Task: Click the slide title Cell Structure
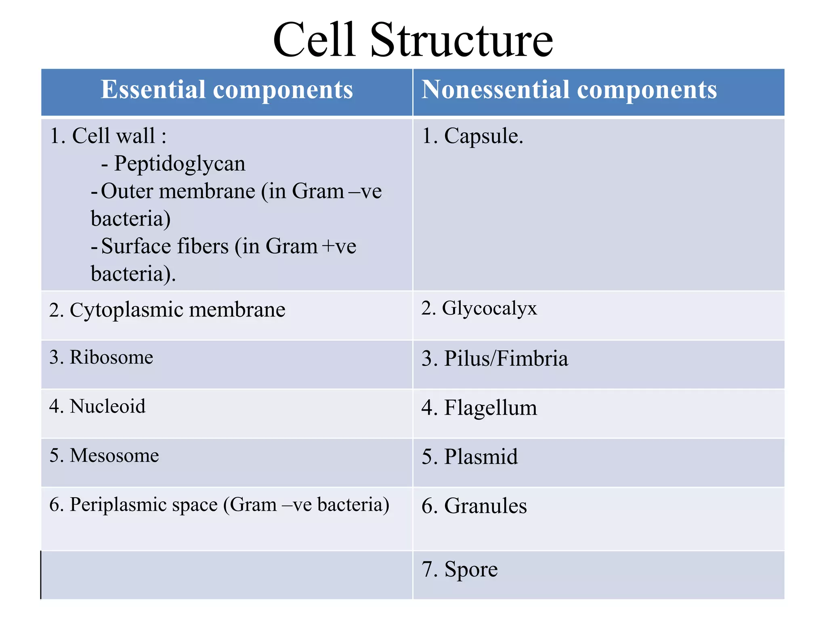[413, 40]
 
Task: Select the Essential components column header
[227, 90]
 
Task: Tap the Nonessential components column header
[569, 90]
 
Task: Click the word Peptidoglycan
[180, 164]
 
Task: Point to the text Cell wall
[113, 136]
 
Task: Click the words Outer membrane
[178, 191]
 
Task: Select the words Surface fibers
[165, 246]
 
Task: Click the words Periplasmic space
[143, 505]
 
